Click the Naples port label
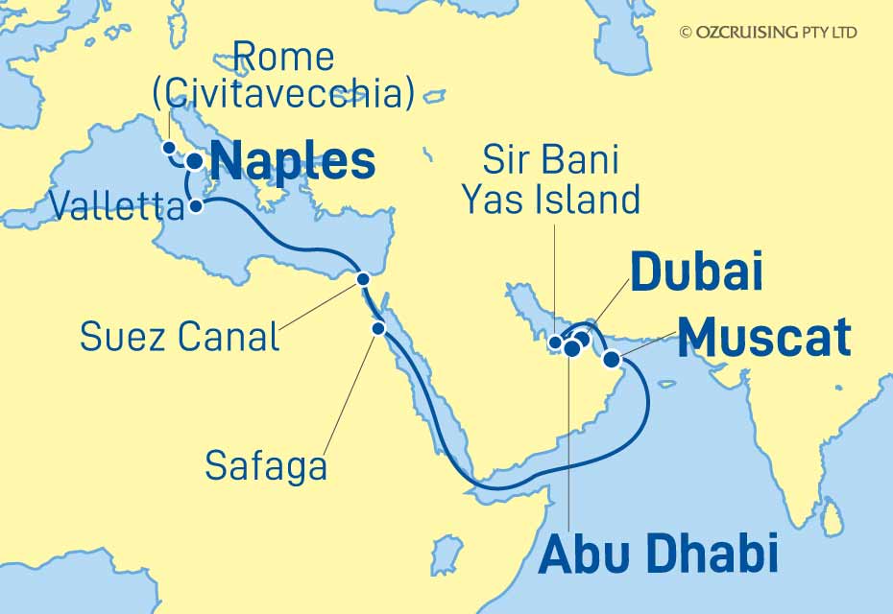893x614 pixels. (x=293, y=162)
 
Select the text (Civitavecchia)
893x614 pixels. (x=284, y=93)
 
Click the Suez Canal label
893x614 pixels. (x=180, y=337)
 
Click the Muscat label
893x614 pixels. (x=763, y=338)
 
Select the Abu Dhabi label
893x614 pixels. (x=658, y=556)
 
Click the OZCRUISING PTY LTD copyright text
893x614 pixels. (x=768, y=33)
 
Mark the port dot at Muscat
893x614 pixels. (x=611, y=360)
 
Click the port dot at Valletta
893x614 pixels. (x=195, y=205)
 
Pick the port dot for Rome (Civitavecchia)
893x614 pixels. (x=169, y=148)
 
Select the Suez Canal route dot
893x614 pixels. (x=363, y=279)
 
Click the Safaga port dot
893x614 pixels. (x=378, y=328)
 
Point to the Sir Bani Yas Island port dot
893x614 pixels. (x=555, y=342)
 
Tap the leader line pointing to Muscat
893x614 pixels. (x=645, y=349)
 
